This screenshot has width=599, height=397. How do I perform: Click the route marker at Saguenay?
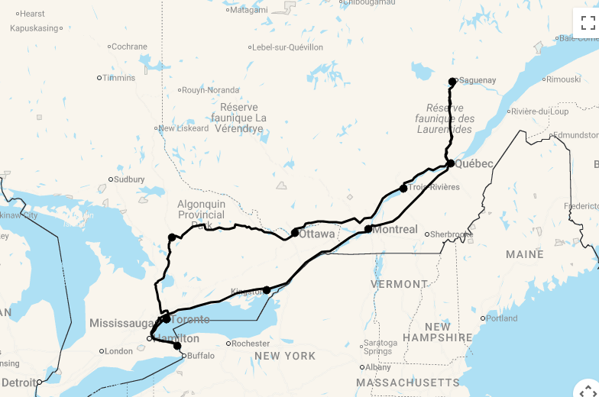tap(452, 81)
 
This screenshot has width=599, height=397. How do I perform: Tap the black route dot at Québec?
tap(451, 163)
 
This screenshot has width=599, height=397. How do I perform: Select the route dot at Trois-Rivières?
tap(403, 188)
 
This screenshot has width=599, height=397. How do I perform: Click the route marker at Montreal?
tap(368, 229)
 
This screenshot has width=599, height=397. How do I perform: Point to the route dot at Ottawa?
tap(295, 233)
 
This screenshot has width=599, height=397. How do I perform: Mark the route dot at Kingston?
tap(267, 290)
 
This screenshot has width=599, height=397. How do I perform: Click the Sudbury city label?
tap(128, 180)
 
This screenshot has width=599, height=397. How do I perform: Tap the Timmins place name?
tap(118, 78)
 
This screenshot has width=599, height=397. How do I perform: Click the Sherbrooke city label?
tap(451, 234)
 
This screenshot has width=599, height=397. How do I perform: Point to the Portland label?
tap(501, 318)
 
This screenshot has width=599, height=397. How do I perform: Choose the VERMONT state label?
tap(400, 284)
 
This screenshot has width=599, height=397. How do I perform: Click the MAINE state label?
tap(524, 254)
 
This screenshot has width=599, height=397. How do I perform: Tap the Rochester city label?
tap(250, 344)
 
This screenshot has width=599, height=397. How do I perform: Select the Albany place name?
tap(378, 367)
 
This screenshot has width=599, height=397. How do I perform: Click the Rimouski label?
tap(563, 79)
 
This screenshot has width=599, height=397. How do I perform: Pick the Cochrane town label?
tap(129, 47)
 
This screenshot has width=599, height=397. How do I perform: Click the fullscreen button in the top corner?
tap(587, 21)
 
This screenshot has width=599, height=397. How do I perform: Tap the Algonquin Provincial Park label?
tap(202, 215)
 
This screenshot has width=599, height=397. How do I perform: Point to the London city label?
tap(118, 351)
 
